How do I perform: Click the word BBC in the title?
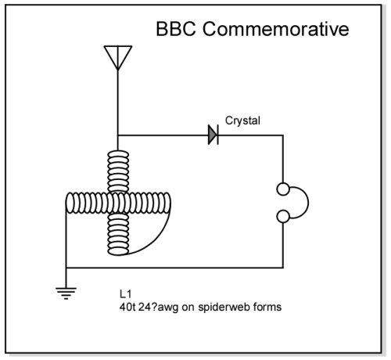(176, 29)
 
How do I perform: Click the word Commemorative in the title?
(276, 29)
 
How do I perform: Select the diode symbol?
(213, 135)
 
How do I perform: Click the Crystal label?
(242, 121)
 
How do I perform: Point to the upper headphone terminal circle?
(283, 189)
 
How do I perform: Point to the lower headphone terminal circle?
(283, 217)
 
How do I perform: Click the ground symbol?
(66, 293)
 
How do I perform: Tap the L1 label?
(125, 294)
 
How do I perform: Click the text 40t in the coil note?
(127, 307)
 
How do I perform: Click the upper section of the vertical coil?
(118, 171)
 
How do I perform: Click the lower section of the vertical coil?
(118, 234)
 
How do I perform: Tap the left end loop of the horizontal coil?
(70, 203)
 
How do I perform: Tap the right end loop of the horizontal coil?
(167, 203)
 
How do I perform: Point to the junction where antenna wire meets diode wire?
(118, 135)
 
